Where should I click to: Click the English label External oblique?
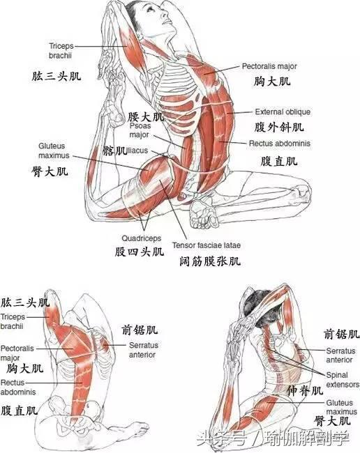tap(283, 112)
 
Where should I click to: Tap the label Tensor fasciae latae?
tap(207, 245)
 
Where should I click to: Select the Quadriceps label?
tap(141, 238)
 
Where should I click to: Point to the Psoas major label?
tap(140, 130)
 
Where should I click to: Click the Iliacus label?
tap(137, 151)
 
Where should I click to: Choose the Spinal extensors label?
tap(343, 380)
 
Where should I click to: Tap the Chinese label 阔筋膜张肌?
tap(210, 261)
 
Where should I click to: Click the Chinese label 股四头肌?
tap(139, 252)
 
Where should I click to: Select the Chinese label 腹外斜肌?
tap(279, 127)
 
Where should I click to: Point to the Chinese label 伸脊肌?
tap(304, 391)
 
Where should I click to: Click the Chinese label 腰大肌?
tap(146, 116)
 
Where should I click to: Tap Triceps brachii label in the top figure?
tap(61, 51)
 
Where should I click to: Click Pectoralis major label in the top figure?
tap(269, 66)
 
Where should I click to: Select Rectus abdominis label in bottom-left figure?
tap(18, 387)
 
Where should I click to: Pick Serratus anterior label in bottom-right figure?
tap(340, 355)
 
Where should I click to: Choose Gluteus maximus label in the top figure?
tap(54, 151)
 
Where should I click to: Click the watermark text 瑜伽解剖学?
tap(307, 438)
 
